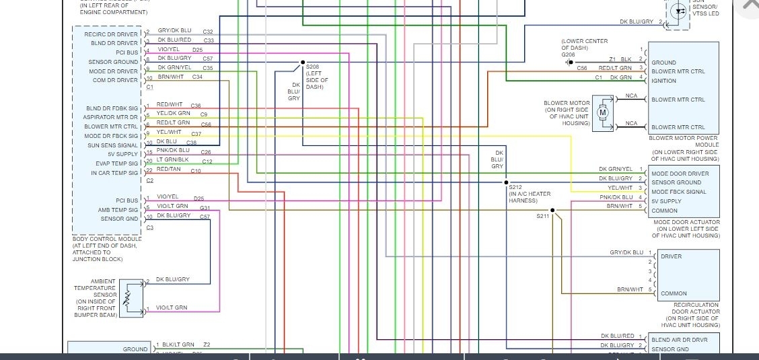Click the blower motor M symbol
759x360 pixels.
[x=603, y=112]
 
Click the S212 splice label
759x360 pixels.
[x=515, y=186]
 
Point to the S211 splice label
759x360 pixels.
[x=542, y=216]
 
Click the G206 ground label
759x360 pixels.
[x=569, y=55]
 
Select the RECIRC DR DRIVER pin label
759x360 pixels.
[x=111, y=34]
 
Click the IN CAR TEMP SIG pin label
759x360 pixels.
[x=114, y=173]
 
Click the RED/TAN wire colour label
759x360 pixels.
[x=168, y=170]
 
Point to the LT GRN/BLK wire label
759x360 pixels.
[x=173, y=160]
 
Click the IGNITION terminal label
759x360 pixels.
[x=663, y=81]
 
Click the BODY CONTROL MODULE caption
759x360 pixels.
[x=107, y=239]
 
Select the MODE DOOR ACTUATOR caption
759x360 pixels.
[x=686, y=222]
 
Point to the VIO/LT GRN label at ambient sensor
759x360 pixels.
[x=172, y=308]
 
